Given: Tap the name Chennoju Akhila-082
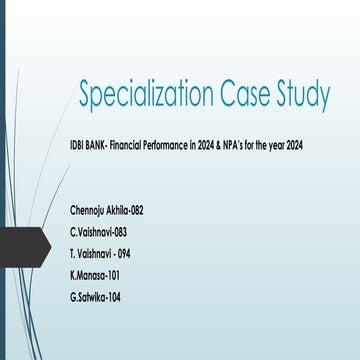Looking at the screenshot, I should pos(107,213).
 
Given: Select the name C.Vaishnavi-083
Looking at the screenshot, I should pos(98,232).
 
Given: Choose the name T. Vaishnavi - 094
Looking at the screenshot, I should pos(100,253).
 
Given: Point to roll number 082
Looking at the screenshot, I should pos(137,213).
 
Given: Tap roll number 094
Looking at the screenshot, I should pos(123,253).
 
